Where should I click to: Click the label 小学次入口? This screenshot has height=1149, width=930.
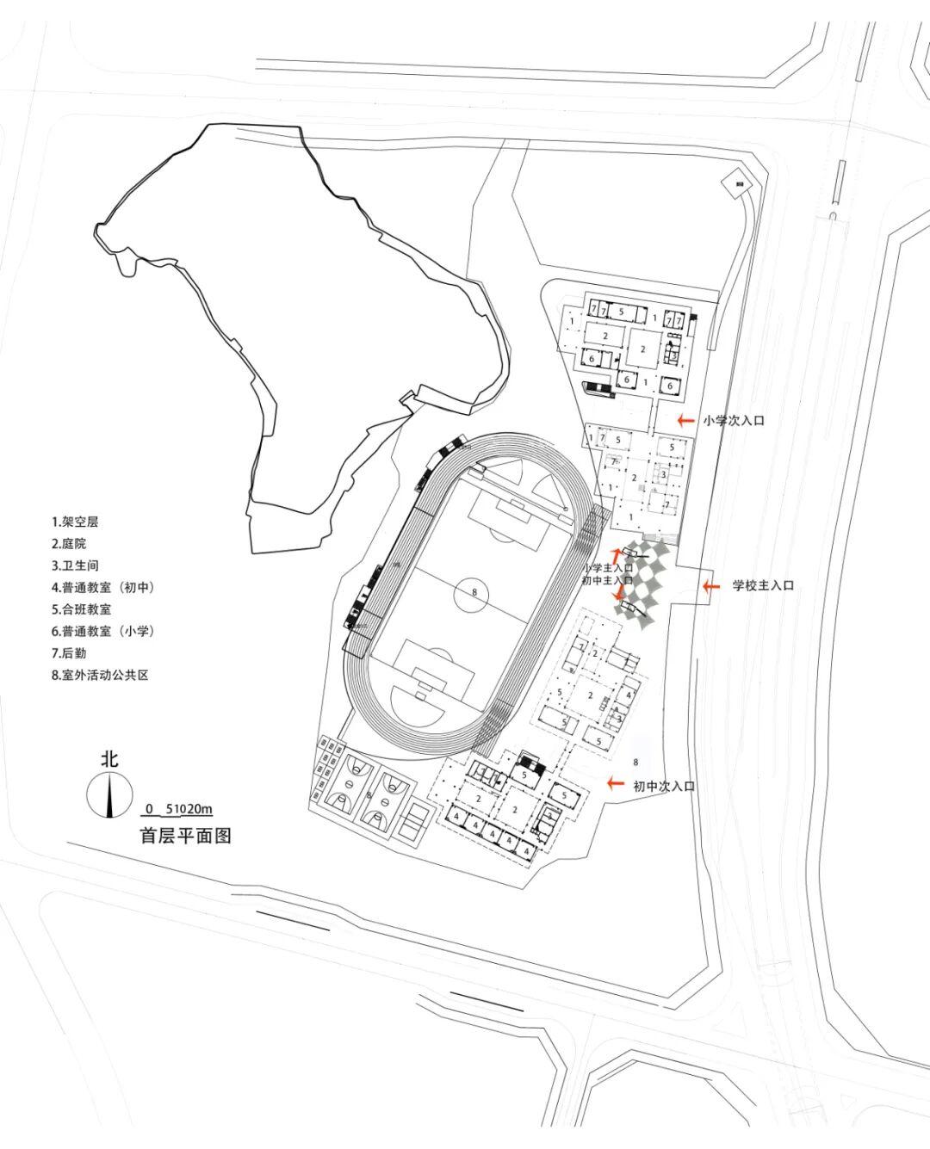click(733, 421)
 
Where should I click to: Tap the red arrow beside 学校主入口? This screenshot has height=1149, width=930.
click(710, 586)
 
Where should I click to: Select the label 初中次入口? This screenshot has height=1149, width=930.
click(663, 786)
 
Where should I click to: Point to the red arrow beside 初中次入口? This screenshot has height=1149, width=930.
click(615, 783)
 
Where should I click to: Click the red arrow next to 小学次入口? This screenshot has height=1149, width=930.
click(685, 421)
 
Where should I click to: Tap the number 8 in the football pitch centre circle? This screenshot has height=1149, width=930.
click(474, 592)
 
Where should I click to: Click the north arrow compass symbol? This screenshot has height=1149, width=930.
click(109, 794)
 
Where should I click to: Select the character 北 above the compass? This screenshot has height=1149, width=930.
click(109, 759)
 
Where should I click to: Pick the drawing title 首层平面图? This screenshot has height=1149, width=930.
click(186, 836)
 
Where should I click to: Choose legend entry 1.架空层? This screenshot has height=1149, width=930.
click(75, 522)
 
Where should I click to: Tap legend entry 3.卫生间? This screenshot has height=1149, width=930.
click(75, 565)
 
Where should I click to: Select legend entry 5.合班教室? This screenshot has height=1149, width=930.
click(81, 608)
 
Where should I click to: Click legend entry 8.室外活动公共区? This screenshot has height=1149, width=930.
click(100, 675)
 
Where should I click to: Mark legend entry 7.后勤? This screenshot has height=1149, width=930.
click(69, 652)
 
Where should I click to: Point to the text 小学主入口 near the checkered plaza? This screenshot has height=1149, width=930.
click(607, 568)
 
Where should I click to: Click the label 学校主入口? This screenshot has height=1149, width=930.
click(763, 586)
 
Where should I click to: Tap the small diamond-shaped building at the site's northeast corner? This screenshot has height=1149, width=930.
click(736, 182)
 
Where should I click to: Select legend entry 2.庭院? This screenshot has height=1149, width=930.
click(69, 543)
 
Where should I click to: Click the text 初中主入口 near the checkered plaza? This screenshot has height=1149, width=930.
click(607, 580)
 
